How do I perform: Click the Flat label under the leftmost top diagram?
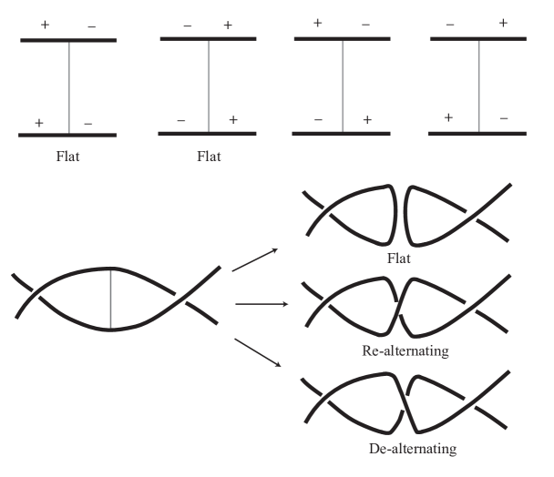coord(68,156)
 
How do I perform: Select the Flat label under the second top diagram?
coord(209,156)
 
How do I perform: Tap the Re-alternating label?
coord(405,350)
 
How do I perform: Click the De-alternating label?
coord(412,448)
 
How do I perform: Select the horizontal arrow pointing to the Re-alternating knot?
coord(262,304)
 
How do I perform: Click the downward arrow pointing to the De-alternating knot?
coord(259,351)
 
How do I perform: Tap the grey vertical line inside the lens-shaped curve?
coord(110,299)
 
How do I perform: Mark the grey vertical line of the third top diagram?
coord(343,86)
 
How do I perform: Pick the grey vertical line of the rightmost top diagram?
coord(478,86)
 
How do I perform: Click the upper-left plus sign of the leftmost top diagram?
coord(45,25)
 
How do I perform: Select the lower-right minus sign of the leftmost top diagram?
coord(88,123)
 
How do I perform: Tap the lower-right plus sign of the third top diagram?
coord(366,119)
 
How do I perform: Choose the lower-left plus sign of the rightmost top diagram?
coord(448,117)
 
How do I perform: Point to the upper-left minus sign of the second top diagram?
coord(186,25)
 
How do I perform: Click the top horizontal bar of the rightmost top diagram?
coord(477,39)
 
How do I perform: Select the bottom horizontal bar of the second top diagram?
coord(208,134)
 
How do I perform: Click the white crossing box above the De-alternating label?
coord(401,403)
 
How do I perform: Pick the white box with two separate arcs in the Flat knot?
coord(399,215)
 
